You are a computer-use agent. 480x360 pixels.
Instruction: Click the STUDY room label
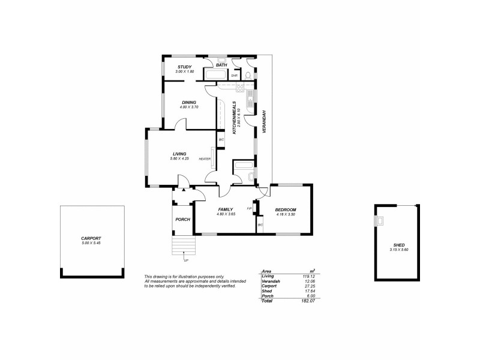(184, 67)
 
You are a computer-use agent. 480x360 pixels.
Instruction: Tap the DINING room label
(189, 102)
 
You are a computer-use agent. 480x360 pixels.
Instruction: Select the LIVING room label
(179, 154)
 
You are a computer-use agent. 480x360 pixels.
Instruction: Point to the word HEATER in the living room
(204, 159)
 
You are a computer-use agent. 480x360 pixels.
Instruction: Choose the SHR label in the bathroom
(235, 76)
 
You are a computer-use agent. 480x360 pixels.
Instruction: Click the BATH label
(221, 64)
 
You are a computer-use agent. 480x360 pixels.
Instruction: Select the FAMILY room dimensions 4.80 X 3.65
(225, 214)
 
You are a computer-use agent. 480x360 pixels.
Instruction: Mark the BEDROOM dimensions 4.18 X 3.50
(286, 214)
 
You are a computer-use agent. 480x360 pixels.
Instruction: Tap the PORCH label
(182, 220)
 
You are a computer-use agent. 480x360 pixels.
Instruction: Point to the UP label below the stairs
(186, 261)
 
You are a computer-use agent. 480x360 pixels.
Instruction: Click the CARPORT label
(92, 239)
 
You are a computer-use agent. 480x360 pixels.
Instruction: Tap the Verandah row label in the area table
(272, 281)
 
